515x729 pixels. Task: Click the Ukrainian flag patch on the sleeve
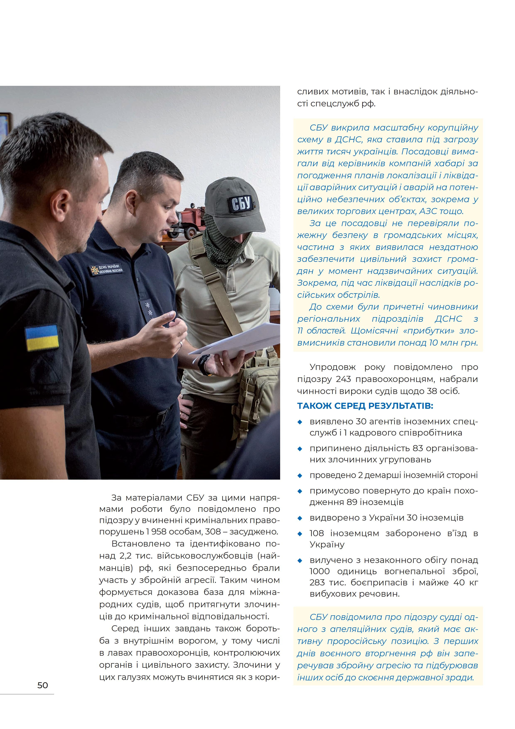pos(42,337)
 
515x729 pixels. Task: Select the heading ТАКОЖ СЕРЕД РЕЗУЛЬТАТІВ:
pos(365,406)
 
